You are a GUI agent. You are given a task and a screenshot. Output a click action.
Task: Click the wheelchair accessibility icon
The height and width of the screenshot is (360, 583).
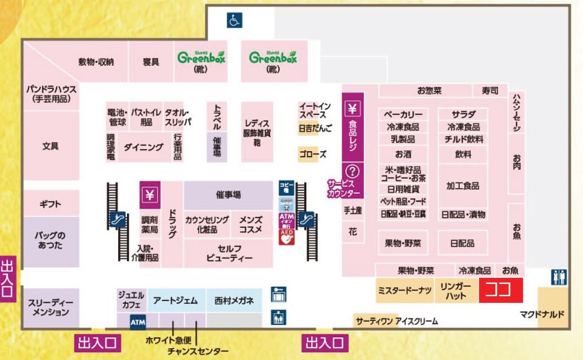pyautogui.click(x=234, y=20)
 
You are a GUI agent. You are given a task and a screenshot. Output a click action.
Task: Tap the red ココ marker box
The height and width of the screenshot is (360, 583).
pyautogui.click(x=501, y=290)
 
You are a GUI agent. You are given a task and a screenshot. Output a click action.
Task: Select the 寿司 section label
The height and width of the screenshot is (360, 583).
pyautogui.click(x=490, y=91)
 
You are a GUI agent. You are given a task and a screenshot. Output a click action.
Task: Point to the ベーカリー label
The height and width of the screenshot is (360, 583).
pyautogui.click(x=403, y=114)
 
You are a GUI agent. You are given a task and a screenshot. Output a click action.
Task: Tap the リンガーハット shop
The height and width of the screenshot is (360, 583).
pyautogui.click(x=455, y=291)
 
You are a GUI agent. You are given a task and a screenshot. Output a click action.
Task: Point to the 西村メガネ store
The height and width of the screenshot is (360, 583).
pyautogui.click(x=234, y=300)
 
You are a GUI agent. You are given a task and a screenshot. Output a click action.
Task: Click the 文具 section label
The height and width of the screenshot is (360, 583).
pyautogui.click(x=51, y=146)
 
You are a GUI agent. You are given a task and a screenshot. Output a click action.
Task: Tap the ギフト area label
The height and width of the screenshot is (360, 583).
pyautogui.click(x=51, y=204)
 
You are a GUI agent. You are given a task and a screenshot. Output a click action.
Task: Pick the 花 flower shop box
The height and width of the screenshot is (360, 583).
pyautogui.click(x=353, y=232)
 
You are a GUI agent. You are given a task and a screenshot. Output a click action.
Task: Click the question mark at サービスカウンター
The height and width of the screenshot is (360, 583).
pyautogui.click(x=353, y=171)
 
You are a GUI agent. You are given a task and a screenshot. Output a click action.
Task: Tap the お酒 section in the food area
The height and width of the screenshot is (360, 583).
pyautogui.click(x=403, y=154)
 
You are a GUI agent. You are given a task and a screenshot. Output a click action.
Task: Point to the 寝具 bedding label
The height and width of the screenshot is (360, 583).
pyautogui.click(x=151, y=62)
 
